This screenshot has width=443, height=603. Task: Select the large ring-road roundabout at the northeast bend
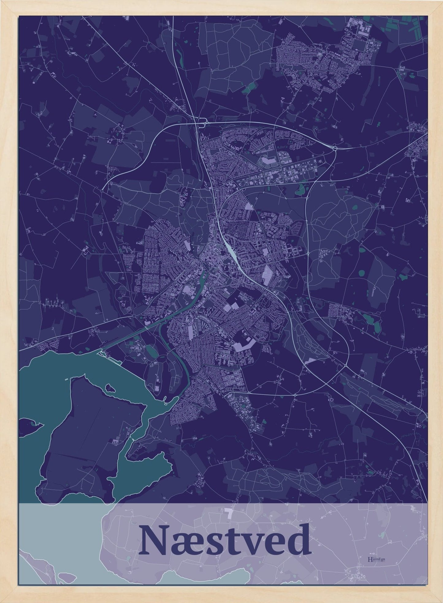(334, 148)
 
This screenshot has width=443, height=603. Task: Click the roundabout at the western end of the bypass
(101, 191)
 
